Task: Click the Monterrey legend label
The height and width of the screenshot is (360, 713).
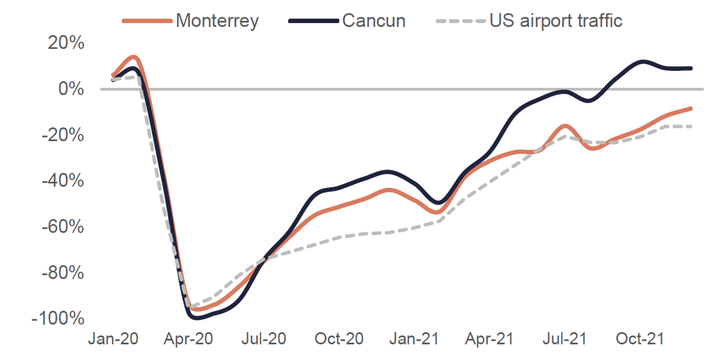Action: (x=217, y=21)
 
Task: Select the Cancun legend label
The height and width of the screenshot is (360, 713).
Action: (x=374, y=21)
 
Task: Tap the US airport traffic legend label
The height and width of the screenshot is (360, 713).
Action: (x=556, y=21)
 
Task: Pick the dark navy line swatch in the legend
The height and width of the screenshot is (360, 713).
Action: (x=314, y=21)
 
